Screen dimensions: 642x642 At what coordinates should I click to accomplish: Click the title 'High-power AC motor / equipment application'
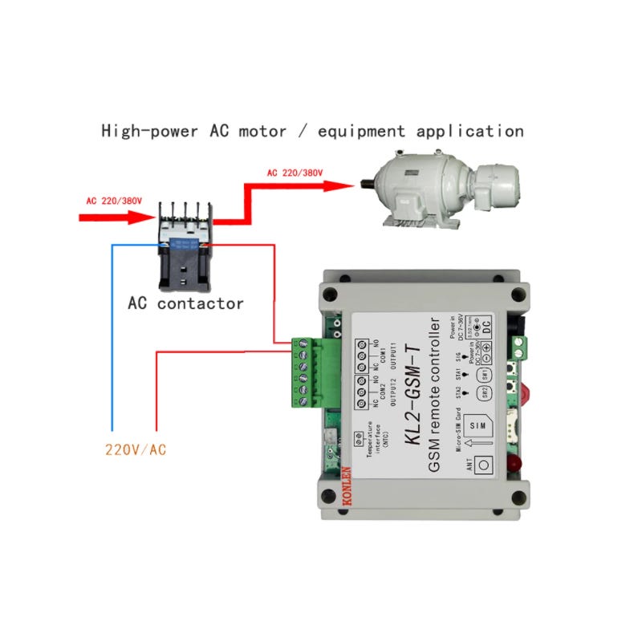312,131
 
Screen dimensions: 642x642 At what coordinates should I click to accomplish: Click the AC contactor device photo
185,249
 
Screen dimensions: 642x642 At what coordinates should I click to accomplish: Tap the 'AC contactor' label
185,303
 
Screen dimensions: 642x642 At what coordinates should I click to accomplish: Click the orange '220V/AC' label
136,449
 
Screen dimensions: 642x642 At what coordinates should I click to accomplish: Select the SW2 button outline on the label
484,393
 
